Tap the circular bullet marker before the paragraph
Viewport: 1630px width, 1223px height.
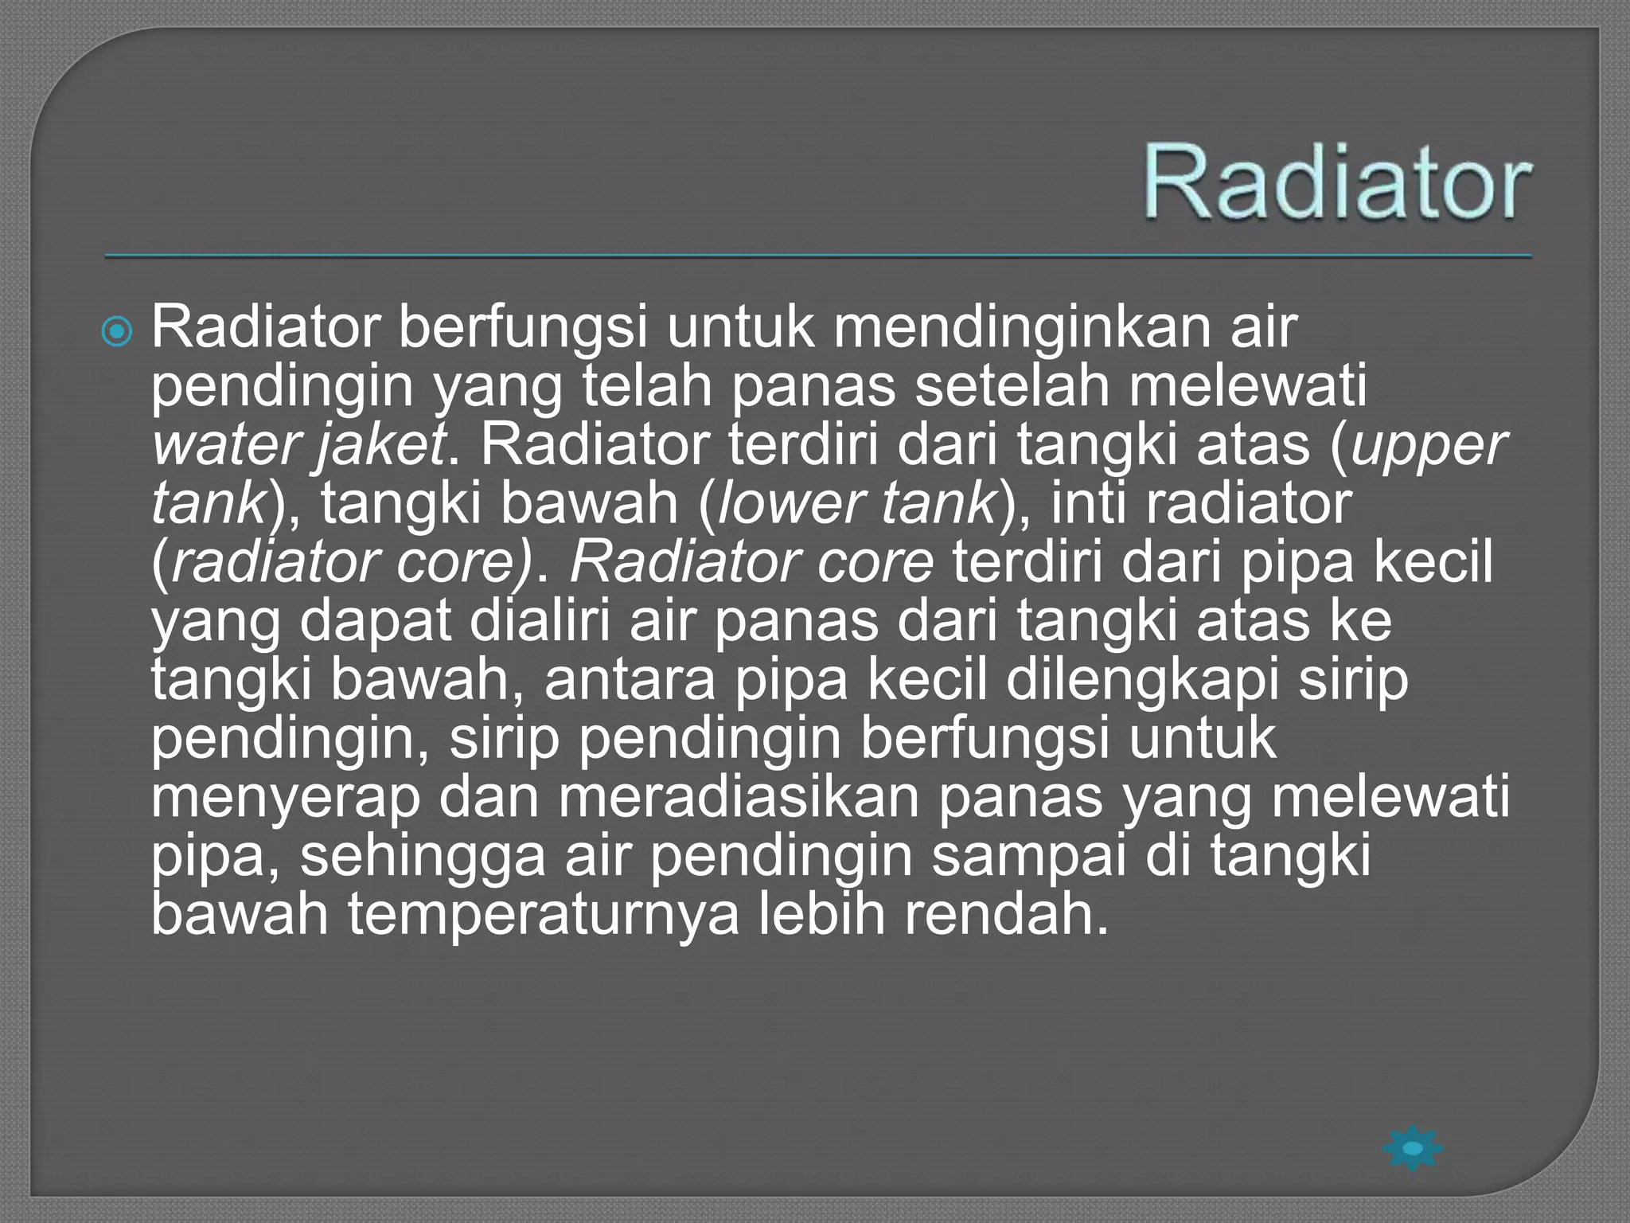118,331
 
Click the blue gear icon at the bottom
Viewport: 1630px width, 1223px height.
1413,1148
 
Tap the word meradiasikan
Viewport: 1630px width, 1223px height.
739,798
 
